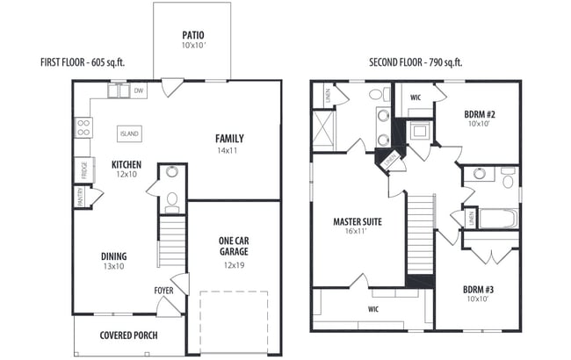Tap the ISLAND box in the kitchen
pyautogui.click(x=129, y=133)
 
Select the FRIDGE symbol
pyautogui.click(x=83, y=169)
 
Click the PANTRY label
pyautogui.click(x=80, y=198)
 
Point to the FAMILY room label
pyautogui.click(x=229, y=139)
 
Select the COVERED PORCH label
pyautogui.click(x=128, y=335)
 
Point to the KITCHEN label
pyautogui.click(x=126, y=164)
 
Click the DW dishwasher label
pyautogui.click(x=139, y=90)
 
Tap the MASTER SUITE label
pyautogui.click(x=356, y=221)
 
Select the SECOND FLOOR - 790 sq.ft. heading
pyautogui.click(x=416, y=62)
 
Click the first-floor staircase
pyautogui.click(x=172, y=242)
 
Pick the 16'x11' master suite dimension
pyautogui.click(x=356, y=233)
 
